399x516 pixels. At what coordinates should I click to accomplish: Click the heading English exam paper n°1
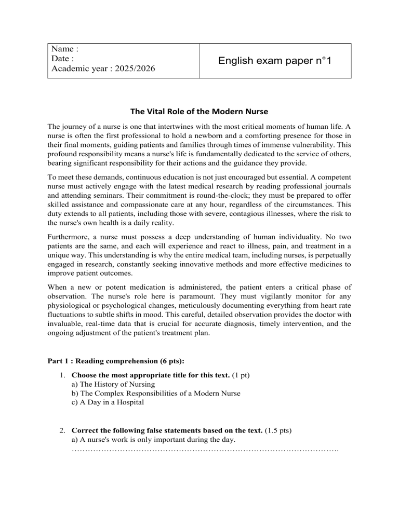(275, 61)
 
